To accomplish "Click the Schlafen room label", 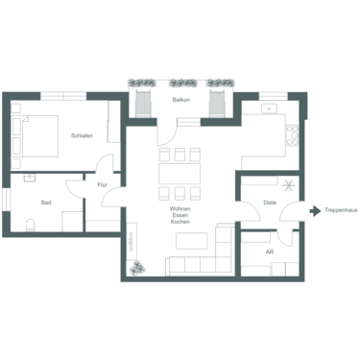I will (82, 135).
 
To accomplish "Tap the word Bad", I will (46, 203).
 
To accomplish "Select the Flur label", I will (102, 183).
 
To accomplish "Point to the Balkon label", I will (180, 100).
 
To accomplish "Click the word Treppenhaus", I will (341, 209).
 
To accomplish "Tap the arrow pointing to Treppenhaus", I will (316, 209).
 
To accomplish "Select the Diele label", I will (271, 203).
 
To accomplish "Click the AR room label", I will (270, 251).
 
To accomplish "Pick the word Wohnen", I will (180, 208).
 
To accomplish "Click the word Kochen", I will (180, 224).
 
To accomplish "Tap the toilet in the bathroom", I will (31, 227).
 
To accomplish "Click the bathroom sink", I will (30, 178).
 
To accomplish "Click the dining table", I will (180, 174).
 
